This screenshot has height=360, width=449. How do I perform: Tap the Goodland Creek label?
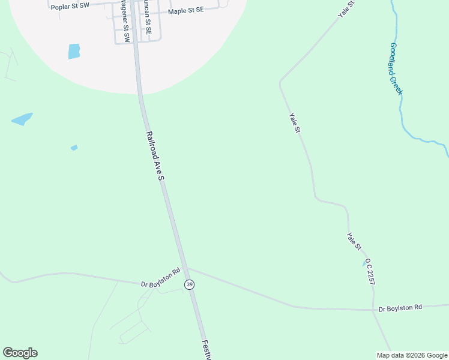[396, 68]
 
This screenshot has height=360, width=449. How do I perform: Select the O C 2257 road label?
[370, 271]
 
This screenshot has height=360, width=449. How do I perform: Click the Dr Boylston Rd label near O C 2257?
[400, 307]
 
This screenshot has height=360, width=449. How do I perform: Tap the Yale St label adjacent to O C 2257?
[354, 241]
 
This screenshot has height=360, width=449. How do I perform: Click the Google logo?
[20, 353]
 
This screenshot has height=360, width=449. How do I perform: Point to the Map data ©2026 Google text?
[412, 355]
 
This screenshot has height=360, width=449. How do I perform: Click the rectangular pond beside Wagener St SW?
[74, 51]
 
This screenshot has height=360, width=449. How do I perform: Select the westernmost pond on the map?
[22, 119]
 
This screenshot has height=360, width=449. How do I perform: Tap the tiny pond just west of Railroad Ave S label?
[74, 148]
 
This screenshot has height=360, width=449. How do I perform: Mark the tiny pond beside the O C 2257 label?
[364, 263]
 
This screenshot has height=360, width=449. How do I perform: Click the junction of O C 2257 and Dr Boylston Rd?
[373, 310]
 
